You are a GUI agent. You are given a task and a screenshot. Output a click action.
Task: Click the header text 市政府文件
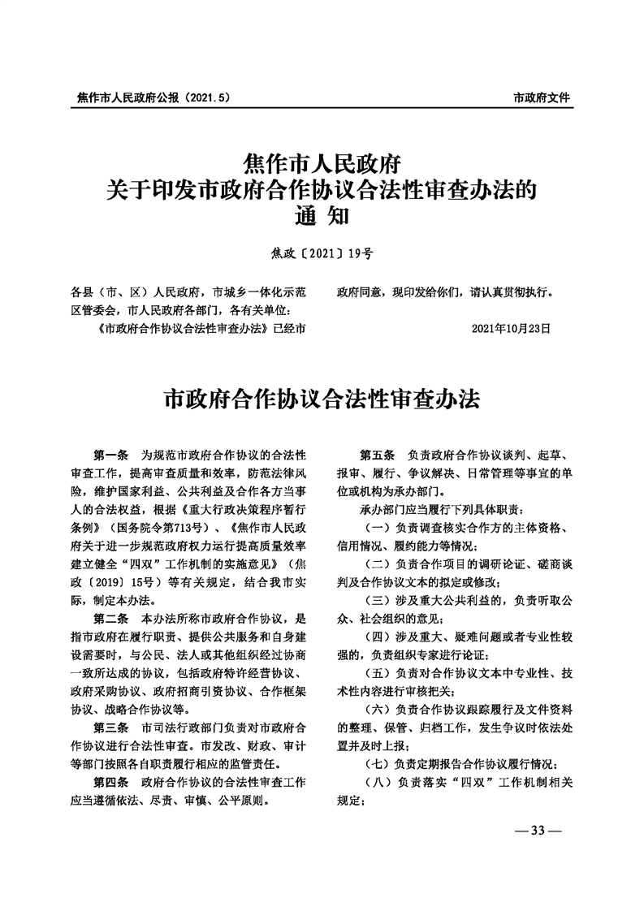click(542, 97)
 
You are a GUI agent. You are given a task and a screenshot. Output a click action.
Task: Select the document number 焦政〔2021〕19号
click(322, 253)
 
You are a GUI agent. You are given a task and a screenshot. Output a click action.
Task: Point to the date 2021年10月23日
click(511, 330)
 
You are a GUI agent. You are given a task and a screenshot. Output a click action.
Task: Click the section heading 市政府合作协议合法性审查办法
click(322, 399)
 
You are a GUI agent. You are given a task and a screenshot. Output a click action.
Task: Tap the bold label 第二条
click(111, 620)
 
